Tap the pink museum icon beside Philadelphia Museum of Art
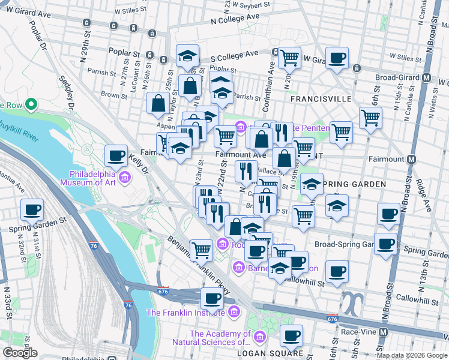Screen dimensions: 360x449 (125, 178)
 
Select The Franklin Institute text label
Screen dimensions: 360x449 (187, 312)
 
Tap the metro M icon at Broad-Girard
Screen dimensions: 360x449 (427, 77)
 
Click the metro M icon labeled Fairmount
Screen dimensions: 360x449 (412, 160)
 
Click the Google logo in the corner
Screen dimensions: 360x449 (20, 352)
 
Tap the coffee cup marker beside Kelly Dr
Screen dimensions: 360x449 (116, 156)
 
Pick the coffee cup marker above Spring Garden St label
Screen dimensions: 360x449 (32, 210)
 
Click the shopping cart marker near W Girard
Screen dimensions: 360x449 (289, 58)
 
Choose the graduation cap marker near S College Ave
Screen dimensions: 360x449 (188, 56)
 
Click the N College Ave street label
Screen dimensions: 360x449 (235, 17)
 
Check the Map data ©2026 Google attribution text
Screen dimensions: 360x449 (412, 355)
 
